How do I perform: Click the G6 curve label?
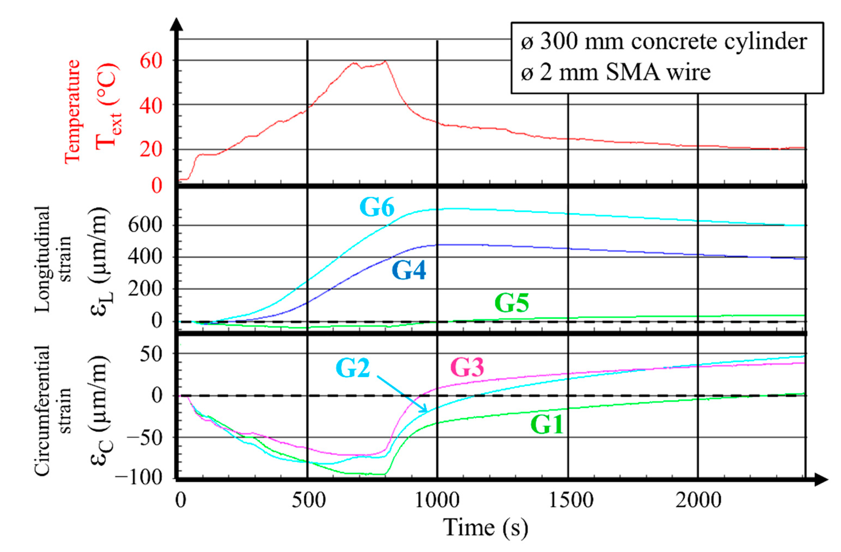[x=377, y=207]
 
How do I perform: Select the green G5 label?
[x=511, y=303]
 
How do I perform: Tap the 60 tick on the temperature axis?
[x=151, y=61]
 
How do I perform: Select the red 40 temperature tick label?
[x=151, y=106]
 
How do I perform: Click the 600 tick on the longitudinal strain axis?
[x=145, y=225]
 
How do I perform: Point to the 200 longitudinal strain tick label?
[x=145, y=289]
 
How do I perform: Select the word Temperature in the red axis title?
[x=73, y=111]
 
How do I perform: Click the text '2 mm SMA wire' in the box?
[x=624, y=73]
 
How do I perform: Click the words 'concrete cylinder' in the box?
[x=719, y=42]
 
